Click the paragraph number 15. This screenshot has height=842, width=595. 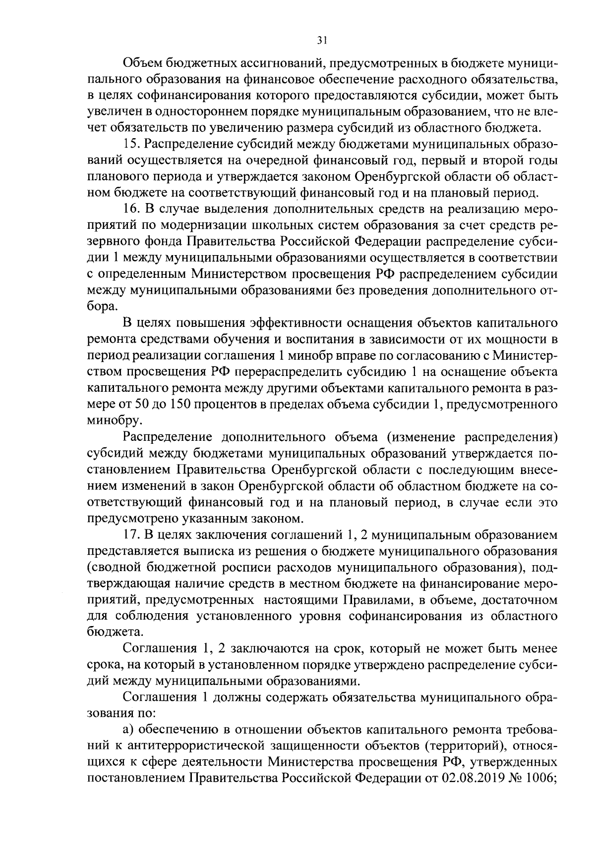[131, 144]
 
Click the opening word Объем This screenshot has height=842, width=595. [142, 63]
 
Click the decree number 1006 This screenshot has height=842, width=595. [540, 790]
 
